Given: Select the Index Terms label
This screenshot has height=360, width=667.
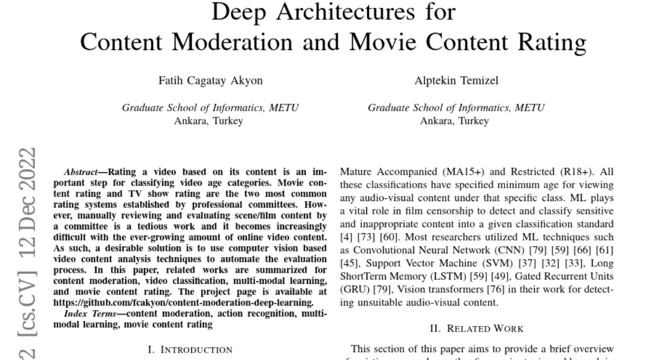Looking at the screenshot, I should (x=84, y=314).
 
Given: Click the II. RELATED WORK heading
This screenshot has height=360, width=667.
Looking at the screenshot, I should (x=476, y=329).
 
